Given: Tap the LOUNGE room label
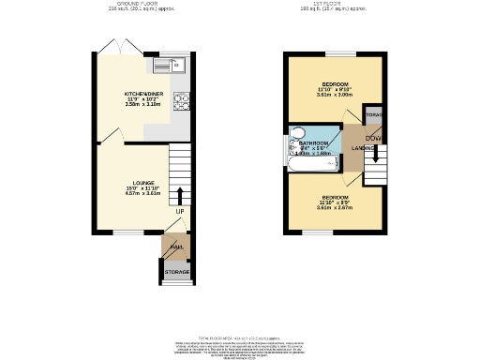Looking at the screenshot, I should tap(143, 183).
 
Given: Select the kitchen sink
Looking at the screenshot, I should tap(173, 65).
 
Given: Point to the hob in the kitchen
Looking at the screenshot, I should tap(181, 99).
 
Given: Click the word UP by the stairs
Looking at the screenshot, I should tap(179, 211).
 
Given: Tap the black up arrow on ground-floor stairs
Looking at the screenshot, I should tap(179, 196).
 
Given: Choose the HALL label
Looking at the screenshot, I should tap(175, 247).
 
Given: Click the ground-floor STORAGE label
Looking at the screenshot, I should tap(177, 273).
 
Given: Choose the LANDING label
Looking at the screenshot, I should tap(364, 149).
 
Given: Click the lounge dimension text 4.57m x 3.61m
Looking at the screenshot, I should tap(143, 196).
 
